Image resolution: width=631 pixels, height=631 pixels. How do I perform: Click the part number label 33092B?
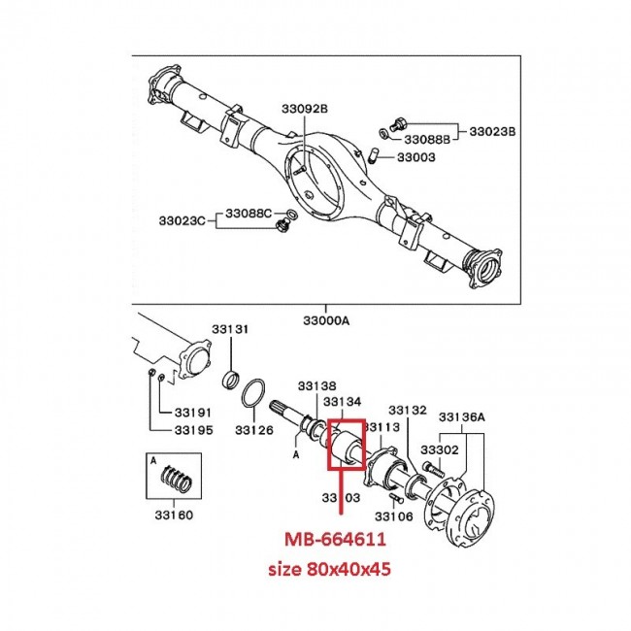pyautogui.click(x=305, y=108)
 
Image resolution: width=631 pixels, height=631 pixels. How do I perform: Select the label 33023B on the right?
pyautogui.click(x=493, y=129)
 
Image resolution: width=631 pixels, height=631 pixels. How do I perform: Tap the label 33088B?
pyautogui.click(x=428, y=139)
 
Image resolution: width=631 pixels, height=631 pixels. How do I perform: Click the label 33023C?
pyautogui.click(x=183, y=219)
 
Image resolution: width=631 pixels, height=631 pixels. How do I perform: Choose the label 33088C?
pyautogui.click(x=249, y=212)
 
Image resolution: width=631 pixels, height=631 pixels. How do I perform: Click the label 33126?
pyautogui.click(x=255, y=431)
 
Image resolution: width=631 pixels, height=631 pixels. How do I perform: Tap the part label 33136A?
pyautogui.click(x=461, y=416)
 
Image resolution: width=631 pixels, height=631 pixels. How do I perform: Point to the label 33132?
pyautogui.click(x=407, y=411)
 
